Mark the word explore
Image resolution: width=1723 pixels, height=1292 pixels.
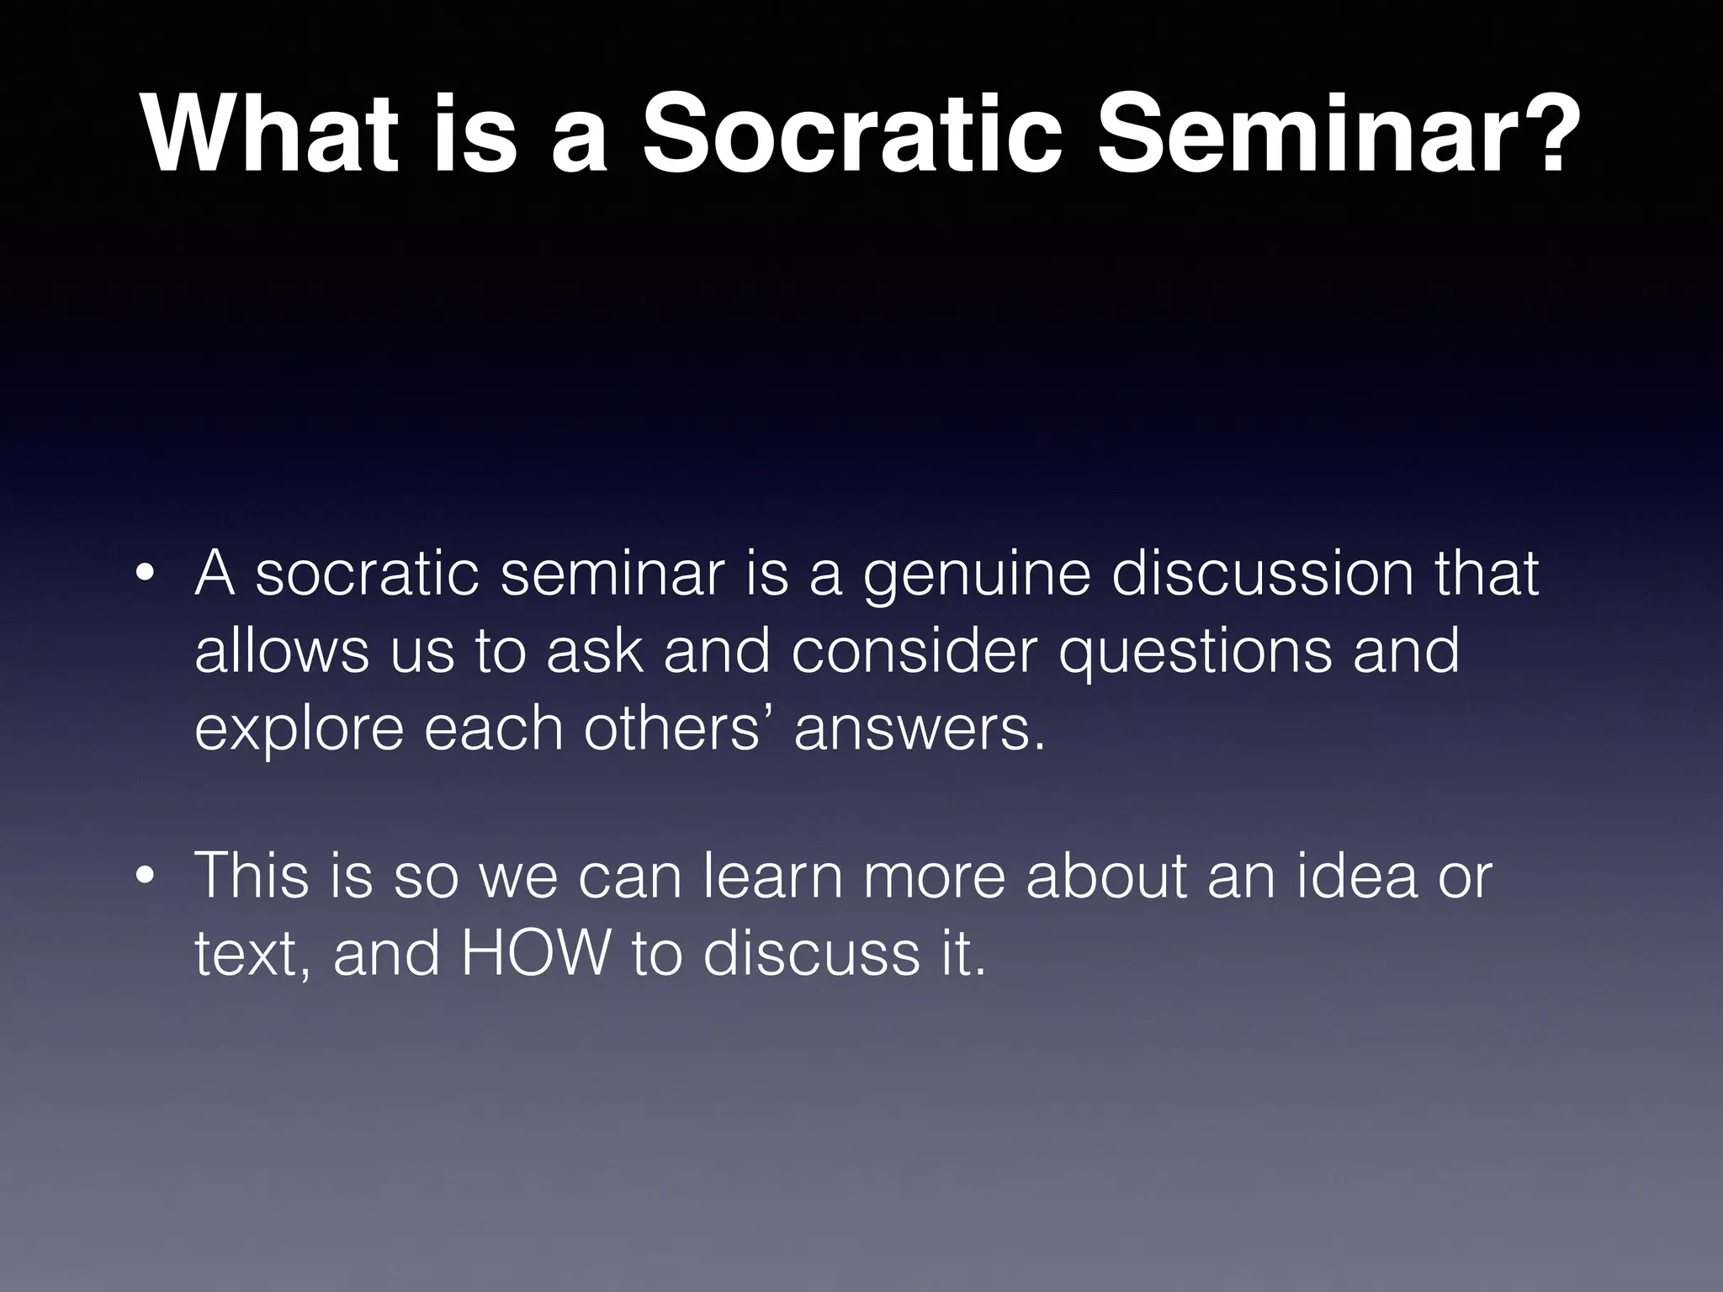pos(300,730)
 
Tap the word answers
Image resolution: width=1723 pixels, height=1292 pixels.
pos(920,730)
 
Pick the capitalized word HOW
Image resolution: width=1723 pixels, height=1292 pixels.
pos(535,954)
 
